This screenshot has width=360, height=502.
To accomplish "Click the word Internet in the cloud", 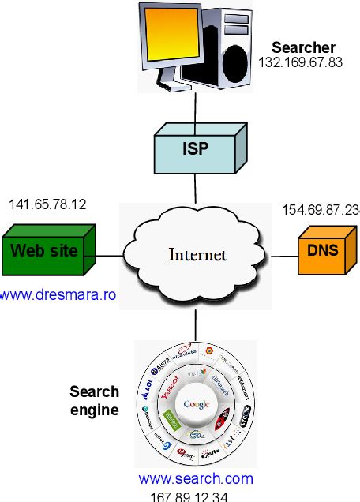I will (197, 255).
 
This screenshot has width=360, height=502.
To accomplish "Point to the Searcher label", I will (303, 47).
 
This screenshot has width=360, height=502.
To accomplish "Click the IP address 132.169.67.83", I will (300, 62).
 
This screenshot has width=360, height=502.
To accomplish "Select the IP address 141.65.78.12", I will (47, 204).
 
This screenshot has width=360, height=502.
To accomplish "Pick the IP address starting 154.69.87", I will (321, 209).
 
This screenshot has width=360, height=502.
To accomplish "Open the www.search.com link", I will (196, 478).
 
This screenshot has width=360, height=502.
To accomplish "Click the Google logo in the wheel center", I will (196, 404).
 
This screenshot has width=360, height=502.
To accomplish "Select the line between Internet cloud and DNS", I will (283, 255).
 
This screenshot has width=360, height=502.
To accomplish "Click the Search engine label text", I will (95, 401).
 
